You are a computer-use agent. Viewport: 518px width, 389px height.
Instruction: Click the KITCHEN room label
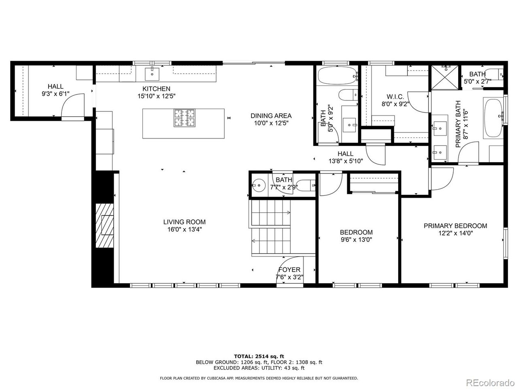tap(156, 89)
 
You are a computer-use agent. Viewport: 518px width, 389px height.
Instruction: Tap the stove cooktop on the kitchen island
tap(185, 118)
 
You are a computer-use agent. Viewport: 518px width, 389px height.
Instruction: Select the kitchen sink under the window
tap(152, 74)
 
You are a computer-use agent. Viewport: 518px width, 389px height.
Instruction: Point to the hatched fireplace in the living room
tap(104, 226)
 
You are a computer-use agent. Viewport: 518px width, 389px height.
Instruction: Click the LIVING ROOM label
tap(184, 222)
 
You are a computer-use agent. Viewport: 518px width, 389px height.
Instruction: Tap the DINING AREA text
tap(271, 116)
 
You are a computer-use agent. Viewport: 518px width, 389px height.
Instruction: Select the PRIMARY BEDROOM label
tap(455, 226)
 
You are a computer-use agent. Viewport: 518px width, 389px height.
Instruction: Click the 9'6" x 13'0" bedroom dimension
tap(357, 240)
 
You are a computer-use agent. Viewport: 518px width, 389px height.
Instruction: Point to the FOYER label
tap(289, 269)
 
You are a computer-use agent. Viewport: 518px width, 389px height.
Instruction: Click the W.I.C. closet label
tap(395, 96)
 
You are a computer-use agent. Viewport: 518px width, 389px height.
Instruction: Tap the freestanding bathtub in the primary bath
tap(493, 118)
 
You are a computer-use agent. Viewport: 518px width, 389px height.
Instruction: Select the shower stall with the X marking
tap(445, 77)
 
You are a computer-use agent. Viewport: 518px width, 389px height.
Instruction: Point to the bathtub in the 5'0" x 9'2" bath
tap(338, 75)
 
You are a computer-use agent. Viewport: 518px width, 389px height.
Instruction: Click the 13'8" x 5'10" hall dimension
tap(346, 161)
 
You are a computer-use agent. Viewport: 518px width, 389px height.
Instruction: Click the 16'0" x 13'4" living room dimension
tap(185, 229)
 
